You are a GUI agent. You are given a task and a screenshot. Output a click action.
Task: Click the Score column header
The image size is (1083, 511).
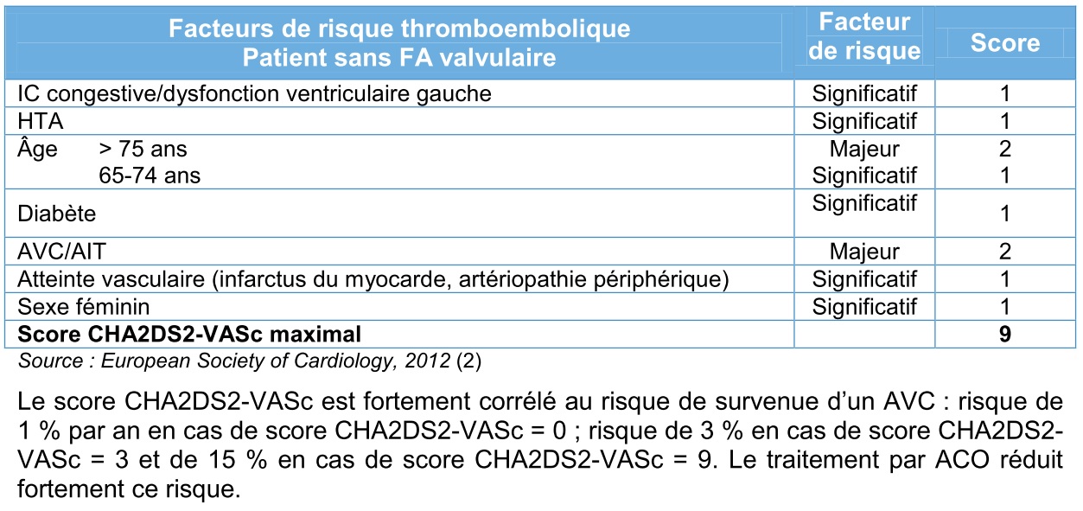coord(1004,43)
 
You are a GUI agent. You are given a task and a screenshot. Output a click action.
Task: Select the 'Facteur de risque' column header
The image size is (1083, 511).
coord(864,36)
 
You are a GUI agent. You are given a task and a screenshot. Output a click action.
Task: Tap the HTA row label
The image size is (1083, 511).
coord(41,121)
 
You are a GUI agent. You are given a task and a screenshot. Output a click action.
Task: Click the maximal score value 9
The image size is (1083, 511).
coord(1004,334)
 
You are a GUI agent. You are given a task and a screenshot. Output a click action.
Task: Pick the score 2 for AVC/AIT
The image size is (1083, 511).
coord(1004,252)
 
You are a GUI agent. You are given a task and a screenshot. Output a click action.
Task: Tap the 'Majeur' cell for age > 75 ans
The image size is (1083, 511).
coord(864,149)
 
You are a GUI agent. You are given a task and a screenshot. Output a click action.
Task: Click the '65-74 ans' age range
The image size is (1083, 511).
coord(150,176)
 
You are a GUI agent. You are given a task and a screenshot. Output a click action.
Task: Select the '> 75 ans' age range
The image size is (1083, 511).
coord(143,149)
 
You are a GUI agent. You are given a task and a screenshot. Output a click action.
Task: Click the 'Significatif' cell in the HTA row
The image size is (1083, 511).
coord(864,121)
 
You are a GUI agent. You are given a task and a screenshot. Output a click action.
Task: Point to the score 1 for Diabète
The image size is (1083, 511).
coord(1004,213)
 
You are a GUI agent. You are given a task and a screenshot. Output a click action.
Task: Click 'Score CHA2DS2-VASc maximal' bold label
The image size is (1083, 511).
coord(189,334)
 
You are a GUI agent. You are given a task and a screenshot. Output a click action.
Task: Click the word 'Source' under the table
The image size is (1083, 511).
coord(50,361)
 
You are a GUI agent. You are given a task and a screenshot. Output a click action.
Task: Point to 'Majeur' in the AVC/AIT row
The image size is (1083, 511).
coord(864,252)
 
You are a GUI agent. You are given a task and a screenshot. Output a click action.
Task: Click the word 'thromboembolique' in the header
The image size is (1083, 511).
coord(515,29)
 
